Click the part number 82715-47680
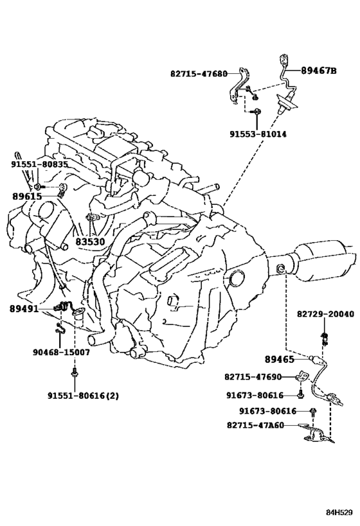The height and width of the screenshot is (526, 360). [199, 74]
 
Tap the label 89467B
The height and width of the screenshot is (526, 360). [318, 71]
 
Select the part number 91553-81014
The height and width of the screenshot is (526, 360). [258, 134]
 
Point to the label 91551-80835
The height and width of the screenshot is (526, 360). [39, 164]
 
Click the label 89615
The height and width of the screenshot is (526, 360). [27, 197]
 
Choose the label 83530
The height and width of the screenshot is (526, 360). [89, 241]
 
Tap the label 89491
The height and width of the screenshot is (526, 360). [24, 309]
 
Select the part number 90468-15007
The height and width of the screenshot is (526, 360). [61, 352]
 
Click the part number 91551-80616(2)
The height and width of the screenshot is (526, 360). [83, 396]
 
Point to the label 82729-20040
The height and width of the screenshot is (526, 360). [325, 314]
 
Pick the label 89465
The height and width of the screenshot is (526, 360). [280, 359]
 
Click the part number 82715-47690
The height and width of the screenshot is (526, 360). [253, 377]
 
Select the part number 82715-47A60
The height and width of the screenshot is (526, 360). [255, 425]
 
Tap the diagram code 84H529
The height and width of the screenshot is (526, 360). [339, 513]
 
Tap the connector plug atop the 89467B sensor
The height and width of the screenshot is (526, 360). [283, 60]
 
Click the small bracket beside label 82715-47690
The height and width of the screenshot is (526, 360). [302, 376]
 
